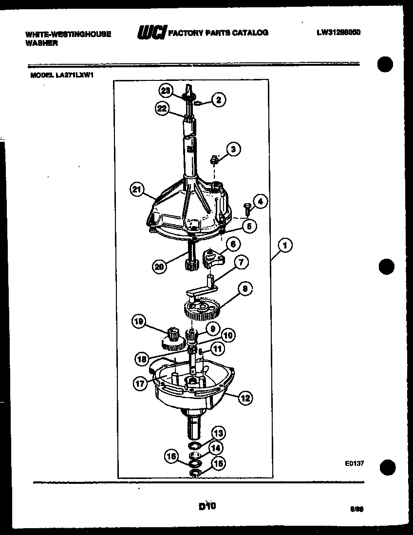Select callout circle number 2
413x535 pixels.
tap(218, 100)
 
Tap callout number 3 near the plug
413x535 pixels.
tap(233, 149)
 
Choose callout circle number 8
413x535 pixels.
tap(245, 289)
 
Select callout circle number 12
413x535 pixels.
tap(245, 398)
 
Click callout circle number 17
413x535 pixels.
tap(141, 383)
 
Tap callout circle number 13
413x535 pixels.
tap(218, 433)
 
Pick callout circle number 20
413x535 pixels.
tap(159, 266)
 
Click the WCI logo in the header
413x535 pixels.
tap(151, 33)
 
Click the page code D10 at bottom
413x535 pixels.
tap(207, 506)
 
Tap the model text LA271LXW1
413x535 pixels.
tap(78, 76)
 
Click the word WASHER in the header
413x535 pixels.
tap(41, 43)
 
